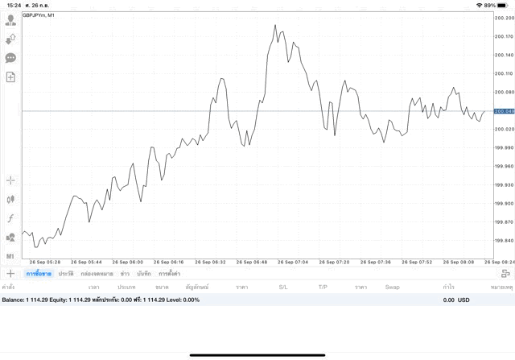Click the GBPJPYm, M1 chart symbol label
tap(39, 15)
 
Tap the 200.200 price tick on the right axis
tap(504, 18)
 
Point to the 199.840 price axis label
tap(504, 240)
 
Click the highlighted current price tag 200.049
tap(504, 111)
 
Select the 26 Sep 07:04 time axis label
tap(291, 262)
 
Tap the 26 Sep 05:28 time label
tap(45, 262)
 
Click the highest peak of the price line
tap(275, 26)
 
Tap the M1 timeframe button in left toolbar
tap(10, 256)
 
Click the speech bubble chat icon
tap(10, 58)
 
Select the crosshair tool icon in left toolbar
tap(10, 180)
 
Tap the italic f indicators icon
tap(10, 218)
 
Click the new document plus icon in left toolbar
tap(10, 77)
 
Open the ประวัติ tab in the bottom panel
tap(66, 274)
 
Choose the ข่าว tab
tap(125, 274)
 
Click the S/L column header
tap(283, 287)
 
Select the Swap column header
tap(392, 287)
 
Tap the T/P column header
tap(323, 287)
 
